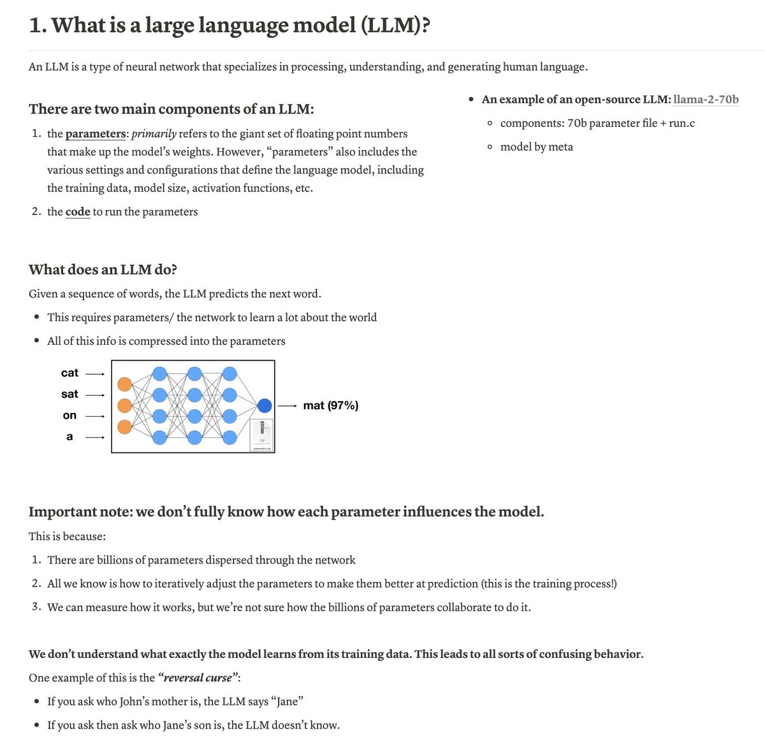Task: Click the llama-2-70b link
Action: [706, 99]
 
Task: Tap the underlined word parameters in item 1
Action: [96, 134]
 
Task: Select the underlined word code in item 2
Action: [78, 212]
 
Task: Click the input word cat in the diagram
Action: [69, 373]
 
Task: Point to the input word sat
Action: [69, 394]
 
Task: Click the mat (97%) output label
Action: [331, 405]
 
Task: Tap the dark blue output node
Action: [265, 405]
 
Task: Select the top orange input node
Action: [125, 384]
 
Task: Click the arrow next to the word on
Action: [94, 416]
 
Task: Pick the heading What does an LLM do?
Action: [103, 270]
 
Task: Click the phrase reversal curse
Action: [198, 678]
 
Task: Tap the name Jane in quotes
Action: [287, 701]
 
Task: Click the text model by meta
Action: [536, 147]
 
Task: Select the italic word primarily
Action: [154, 134]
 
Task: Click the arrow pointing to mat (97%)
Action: [288, 405]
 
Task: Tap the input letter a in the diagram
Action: [69, 437]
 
